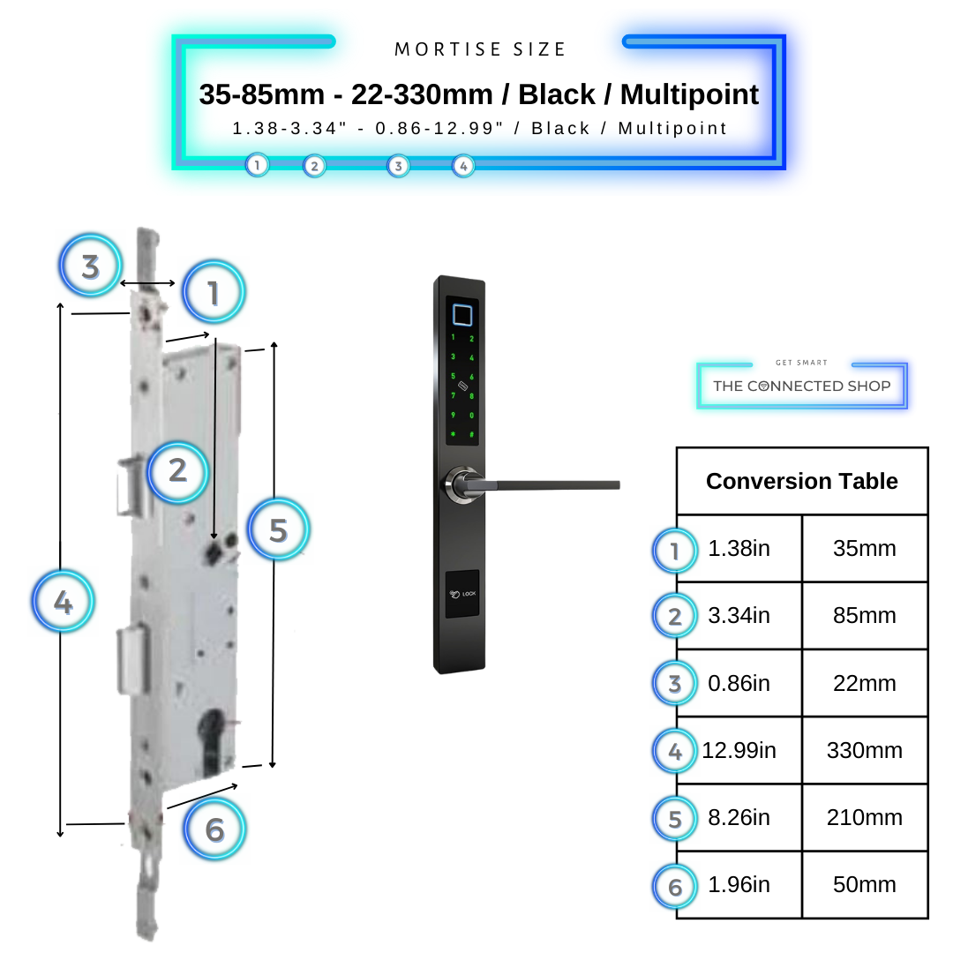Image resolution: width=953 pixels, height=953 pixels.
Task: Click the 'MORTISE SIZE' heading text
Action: (x=480, y=49)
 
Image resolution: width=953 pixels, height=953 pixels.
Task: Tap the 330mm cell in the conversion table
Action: (x=864, y=751)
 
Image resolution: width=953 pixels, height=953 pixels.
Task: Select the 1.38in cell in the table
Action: (x=739, y=549)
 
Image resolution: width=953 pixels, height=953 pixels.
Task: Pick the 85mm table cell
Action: (x=864, y=616)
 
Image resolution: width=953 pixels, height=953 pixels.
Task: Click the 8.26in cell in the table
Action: (x=739, y=818)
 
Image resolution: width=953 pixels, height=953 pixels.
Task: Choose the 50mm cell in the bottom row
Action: (x=864, y=885)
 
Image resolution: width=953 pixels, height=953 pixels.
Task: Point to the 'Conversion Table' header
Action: (x=801, y=482)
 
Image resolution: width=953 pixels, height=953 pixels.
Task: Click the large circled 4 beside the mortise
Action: (x=64, y=603)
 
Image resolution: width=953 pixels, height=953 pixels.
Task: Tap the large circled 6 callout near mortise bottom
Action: (x=214, y=829)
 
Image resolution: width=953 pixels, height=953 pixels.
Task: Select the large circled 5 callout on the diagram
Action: (x=278, y=529)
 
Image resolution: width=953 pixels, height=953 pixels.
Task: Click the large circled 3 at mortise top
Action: (x=90, y=266)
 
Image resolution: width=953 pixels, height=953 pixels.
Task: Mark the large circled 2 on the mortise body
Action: (x=177, y=470)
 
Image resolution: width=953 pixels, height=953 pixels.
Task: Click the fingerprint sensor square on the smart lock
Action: (x=461, y=314)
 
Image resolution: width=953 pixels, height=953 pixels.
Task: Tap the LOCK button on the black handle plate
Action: (x=462, y=593)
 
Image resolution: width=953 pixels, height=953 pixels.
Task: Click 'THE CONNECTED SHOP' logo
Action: (x=801, y=386)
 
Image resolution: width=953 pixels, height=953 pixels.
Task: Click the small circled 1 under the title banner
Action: (x=257, y=165)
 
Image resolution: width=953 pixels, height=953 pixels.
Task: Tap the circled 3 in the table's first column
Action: (x=675, y=684)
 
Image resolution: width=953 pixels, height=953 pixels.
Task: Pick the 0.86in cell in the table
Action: (x=739, y=684)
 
